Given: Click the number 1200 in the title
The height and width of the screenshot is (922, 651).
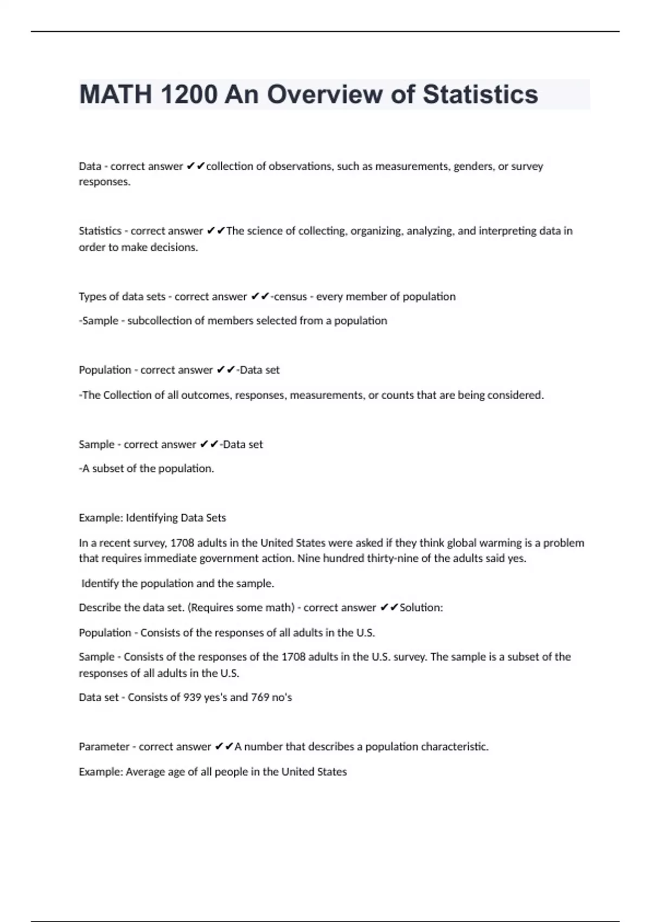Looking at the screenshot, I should tap(189, 94).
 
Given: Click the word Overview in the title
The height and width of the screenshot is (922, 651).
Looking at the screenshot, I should tap(324, 94).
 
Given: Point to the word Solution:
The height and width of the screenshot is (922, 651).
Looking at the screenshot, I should tap(421, 608).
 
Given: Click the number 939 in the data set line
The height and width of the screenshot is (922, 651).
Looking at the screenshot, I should tap(193, 697).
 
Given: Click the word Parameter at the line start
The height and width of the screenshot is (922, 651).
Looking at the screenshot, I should tap(104, 747).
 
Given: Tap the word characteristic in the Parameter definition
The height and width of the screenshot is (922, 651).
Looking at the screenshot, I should tap(455, 747).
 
